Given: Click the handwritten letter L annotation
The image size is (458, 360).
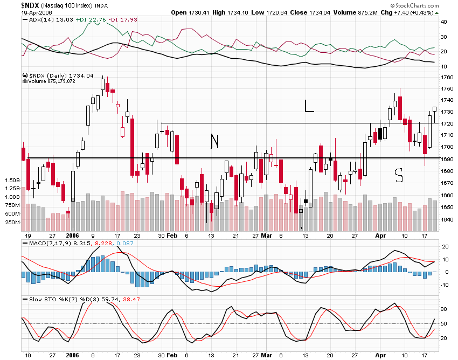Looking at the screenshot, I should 308,106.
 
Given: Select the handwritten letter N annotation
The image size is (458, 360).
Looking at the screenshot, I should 214,141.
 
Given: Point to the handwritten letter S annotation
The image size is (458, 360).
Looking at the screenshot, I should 399,175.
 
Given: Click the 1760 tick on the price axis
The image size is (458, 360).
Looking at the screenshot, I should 447,77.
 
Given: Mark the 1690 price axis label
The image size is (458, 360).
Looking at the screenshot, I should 447,160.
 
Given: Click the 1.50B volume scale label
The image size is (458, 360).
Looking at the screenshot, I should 11,179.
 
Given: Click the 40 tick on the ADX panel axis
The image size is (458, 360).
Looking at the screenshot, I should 444,22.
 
